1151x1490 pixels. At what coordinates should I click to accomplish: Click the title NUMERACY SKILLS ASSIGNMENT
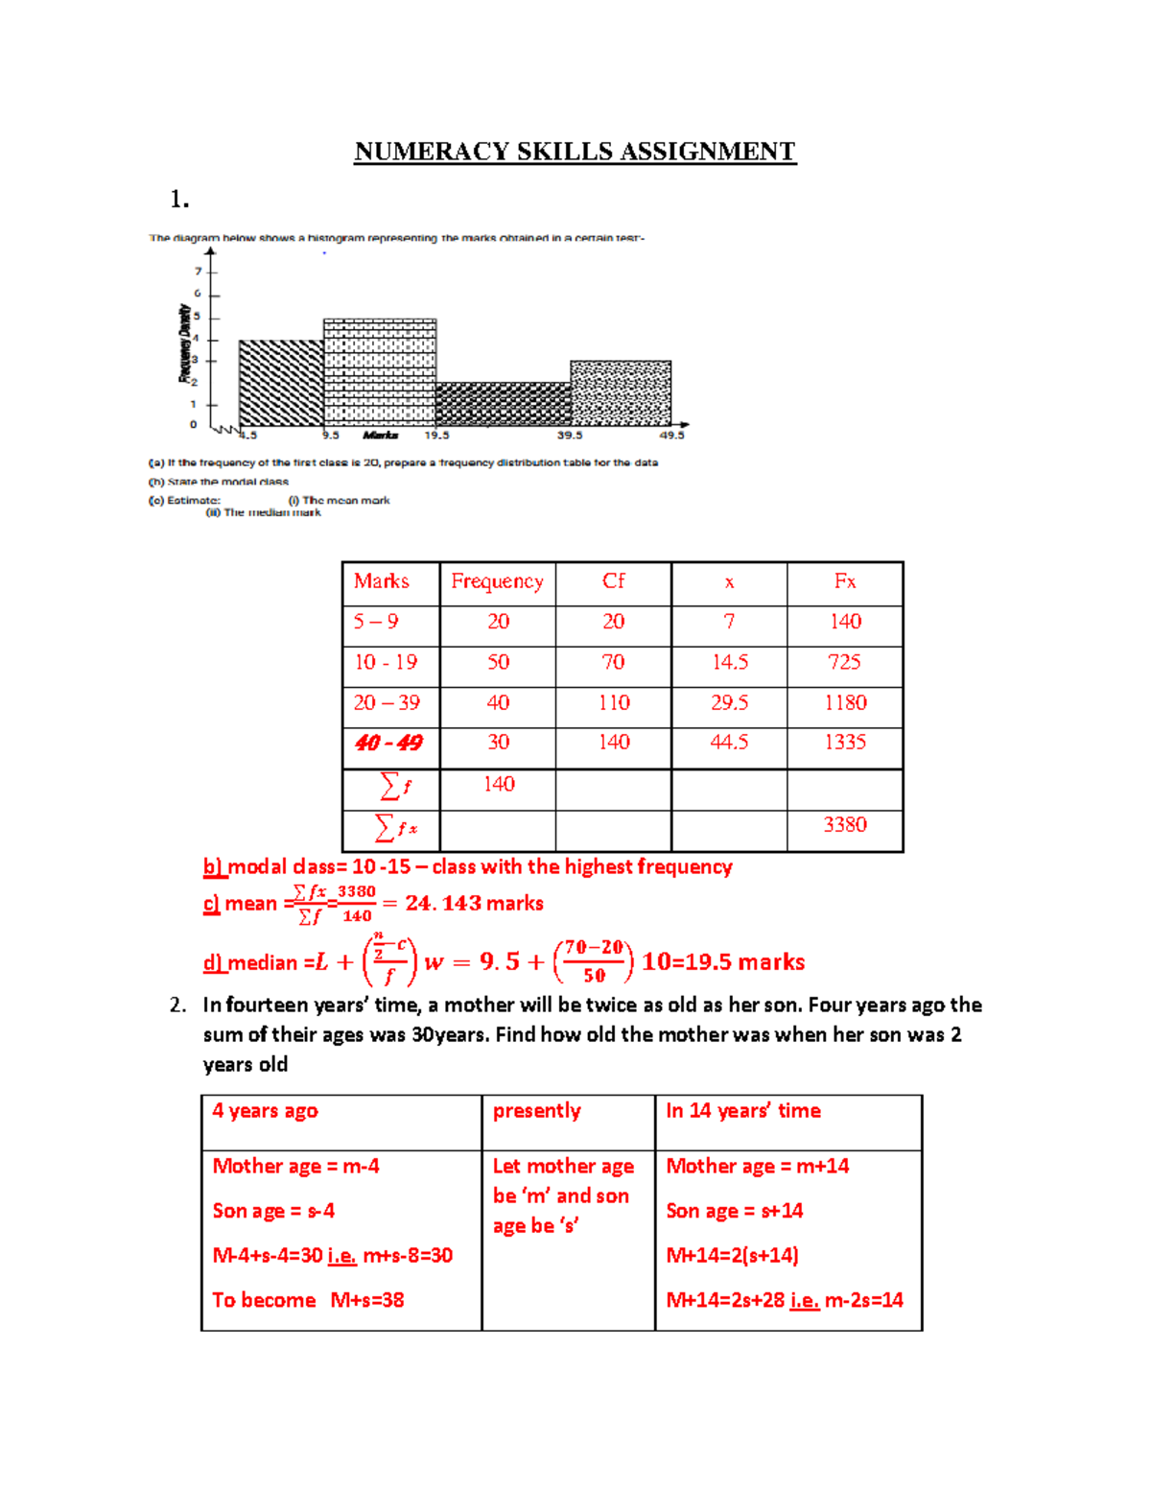coord(575,152)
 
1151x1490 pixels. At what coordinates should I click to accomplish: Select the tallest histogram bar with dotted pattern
coord(380,372)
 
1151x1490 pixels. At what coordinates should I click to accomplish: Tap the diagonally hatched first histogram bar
coord(280,383)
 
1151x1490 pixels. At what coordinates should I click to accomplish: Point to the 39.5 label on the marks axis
coord(570,436)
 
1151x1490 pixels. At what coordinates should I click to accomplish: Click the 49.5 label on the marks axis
coord(671,436)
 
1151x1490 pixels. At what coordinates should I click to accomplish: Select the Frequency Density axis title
coord(184,343)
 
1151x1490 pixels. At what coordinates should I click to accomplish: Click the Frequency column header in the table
coord(497,581)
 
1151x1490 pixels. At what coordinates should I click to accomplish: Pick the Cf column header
coord(613,581)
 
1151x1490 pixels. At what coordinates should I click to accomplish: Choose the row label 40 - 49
coord(388,743)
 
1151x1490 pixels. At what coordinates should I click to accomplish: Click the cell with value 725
coord(845,662)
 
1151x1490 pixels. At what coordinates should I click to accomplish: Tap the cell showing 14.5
coord(729,662)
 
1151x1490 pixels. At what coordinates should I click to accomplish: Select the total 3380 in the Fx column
coord(845,825)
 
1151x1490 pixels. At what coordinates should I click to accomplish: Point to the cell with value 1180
coord(845,702)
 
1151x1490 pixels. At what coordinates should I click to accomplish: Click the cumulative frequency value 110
coord(613,702)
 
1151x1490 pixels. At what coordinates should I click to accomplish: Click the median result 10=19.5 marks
coord(723,962)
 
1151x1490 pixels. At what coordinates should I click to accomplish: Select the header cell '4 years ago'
coord(265,1111)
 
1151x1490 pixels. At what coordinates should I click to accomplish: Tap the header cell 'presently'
coord(537,1111)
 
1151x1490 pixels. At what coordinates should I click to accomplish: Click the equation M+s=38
coord(367,1300)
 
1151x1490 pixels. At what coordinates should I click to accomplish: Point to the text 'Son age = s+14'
coord(735,1211)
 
